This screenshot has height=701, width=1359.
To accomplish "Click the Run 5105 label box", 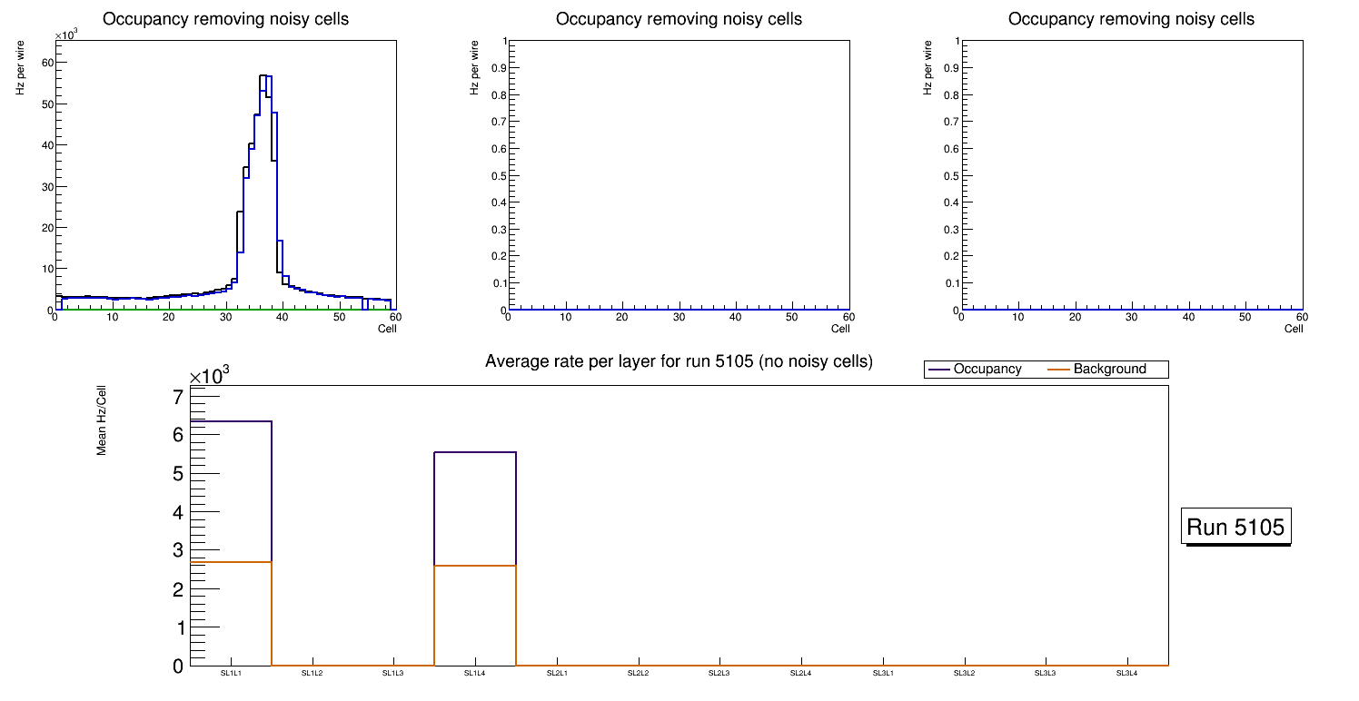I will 1237,527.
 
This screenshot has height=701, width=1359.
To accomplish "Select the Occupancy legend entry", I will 987,370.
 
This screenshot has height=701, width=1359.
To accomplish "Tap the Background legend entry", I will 1109,370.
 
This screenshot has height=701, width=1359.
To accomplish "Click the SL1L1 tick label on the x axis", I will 231,674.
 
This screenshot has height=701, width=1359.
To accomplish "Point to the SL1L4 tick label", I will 475,674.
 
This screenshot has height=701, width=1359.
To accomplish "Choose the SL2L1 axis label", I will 557,674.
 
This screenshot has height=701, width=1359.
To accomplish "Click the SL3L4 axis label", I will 1126,674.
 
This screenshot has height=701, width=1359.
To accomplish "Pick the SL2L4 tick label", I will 801,674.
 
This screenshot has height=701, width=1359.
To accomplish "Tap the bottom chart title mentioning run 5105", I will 679,361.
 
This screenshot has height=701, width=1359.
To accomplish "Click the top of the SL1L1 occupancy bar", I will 231,421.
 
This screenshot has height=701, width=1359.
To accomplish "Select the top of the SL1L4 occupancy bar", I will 475,452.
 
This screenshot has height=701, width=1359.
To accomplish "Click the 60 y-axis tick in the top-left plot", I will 46,62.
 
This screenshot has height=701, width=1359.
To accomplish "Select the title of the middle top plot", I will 679,19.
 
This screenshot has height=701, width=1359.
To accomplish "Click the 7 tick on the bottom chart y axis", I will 177,397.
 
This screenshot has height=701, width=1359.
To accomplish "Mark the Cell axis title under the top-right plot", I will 1294,329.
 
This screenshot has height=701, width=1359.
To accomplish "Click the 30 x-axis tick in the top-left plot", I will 225,317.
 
